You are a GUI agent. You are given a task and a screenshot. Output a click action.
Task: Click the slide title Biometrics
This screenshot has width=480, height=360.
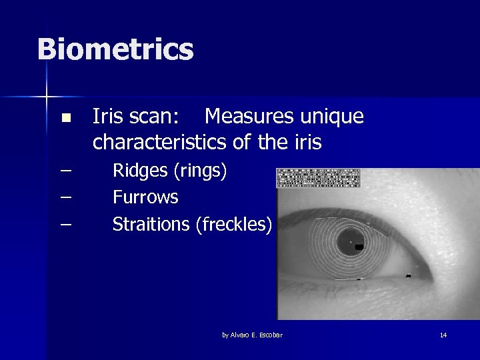coord(115,50)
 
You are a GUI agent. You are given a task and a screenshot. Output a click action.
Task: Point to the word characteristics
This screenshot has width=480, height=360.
coord(161,142)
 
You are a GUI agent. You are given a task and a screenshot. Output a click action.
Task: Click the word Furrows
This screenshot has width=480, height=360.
coord(145,197)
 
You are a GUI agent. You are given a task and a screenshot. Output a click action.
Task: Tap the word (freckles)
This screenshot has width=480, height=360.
coord(233,225)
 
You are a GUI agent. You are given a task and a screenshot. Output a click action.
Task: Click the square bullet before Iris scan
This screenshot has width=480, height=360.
coord(65,119)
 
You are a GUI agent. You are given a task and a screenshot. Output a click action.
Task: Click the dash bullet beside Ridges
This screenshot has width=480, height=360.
coord(65,171)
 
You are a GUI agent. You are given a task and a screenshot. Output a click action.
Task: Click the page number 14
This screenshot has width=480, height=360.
coord(443,335)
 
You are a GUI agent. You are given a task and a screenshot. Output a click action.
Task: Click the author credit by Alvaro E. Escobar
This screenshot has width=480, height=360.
coord(252,335)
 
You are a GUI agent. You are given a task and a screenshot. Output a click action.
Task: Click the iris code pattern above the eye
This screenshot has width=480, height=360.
coord(318,178)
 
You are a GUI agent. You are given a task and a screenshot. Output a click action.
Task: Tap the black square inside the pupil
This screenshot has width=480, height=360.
coord(359,247)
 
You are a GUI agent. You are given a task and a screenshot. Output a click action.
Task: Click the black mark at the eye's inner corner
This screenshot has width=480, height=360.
coord(408,275)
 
